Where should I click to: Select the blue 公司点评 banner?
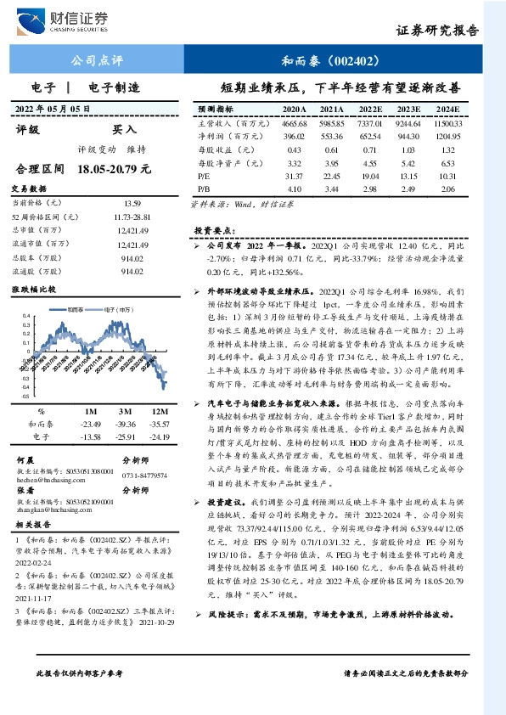94,60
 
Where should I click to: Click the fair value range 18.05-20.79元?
113,169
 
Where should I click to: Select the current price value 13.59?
132,203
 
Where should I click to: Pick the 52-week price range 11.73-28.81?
132,217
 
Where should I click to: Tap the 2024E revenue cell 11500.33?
447,123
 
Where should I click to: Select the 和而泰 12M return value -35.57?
157,422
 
